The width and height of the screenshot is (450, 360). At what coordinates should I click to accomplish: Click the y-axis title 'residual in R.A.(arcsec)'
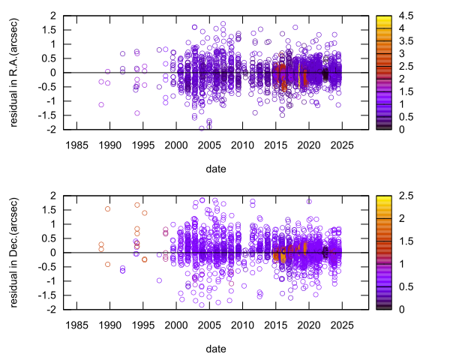pos(15,72)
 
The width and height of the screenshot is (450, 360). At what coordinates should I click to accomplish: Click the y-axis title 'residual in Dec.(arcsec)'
pos(15,252)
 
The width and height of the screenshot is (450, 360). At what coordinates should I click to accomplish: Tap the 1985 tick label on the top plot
pos(76,145)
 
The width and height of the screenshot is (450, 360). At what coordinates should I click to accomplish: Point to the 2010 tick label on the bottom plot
pos(242,325)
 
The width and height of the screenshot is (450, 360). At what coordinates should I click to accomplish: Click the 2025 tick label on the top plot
pos(343,145)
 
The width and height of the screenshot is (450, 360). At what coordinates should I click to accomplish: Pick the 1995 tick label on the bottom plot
pos(142,325)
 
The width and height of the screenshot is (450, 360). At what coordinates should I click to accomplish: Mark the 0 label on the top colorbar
pos(398,130)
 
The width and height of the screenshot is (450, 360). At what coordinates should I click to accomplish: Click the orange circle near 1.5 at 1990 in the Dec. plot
pos(108,209)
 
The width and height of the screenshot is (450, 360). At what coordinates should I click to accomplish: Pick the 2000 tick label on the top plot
pos(175,145)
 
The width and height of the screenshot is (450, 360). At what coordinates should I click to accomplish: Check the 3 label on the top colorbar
pos(398,53)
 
